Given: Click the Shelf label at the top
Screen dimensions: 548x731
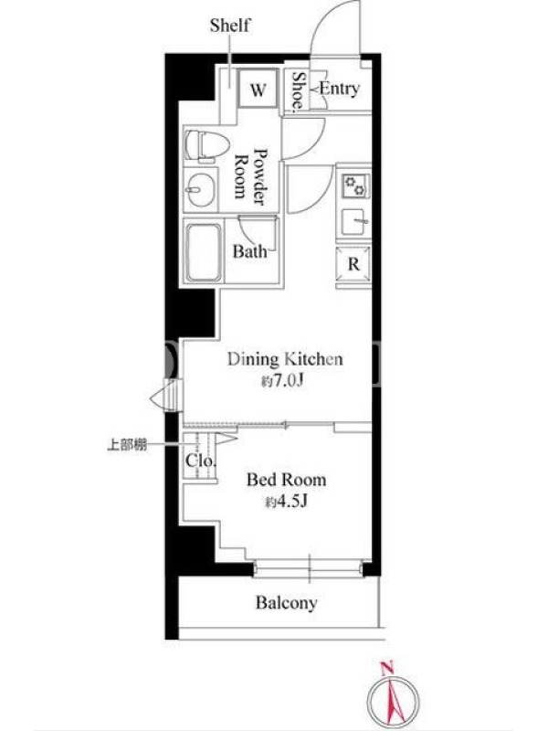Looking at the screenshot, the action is (x=230, y=26).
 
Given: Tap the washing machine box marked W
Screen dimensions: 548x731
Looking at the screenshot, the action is (x=258, y=89).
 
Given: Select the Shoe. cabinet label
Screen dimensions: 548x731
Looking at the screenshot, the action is (x=299, y=92).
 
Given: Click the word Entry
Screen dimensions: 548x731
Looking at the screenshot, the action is (x=340, y=88).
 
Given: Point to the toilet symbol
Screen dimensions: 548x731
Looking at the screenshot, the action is (x=207, y=145).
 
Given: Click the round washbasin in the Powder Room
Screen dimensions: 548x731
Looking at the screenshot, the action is (x=201, y=190).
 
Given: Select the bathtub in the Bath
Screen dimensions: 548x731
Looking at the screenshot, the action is (x=204, y=252).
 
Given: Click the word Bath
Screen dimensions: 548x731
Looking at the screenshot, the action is (x=250, y=252).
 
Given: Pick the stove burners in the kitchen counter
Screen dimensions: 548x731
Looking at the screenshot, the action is (x=355, y=186).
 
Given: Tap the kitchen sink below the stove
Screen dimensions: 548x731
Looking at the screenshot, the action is (x=354, y=222).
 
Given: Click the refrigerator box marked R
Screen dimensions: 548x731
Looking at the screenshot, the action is (x=353, y=265).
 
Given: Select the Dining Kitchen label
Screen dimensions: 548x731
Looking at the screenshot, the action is (x=285, y=359).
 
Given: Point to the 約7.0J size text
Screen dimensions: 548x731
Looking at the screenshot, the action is (x=282, y=382).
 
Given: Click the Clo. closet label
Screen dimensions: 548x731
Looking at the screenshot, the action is (x=201, y=461).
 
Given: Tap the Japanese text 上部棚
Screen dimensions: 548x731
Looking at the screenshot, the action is (x=127, y=445).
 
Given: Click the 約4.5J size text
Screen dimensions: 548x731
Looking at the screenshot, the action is (x=286, y=502).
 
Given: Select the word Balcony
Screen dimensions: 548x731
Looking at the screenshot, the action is (x=287, y=603).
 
